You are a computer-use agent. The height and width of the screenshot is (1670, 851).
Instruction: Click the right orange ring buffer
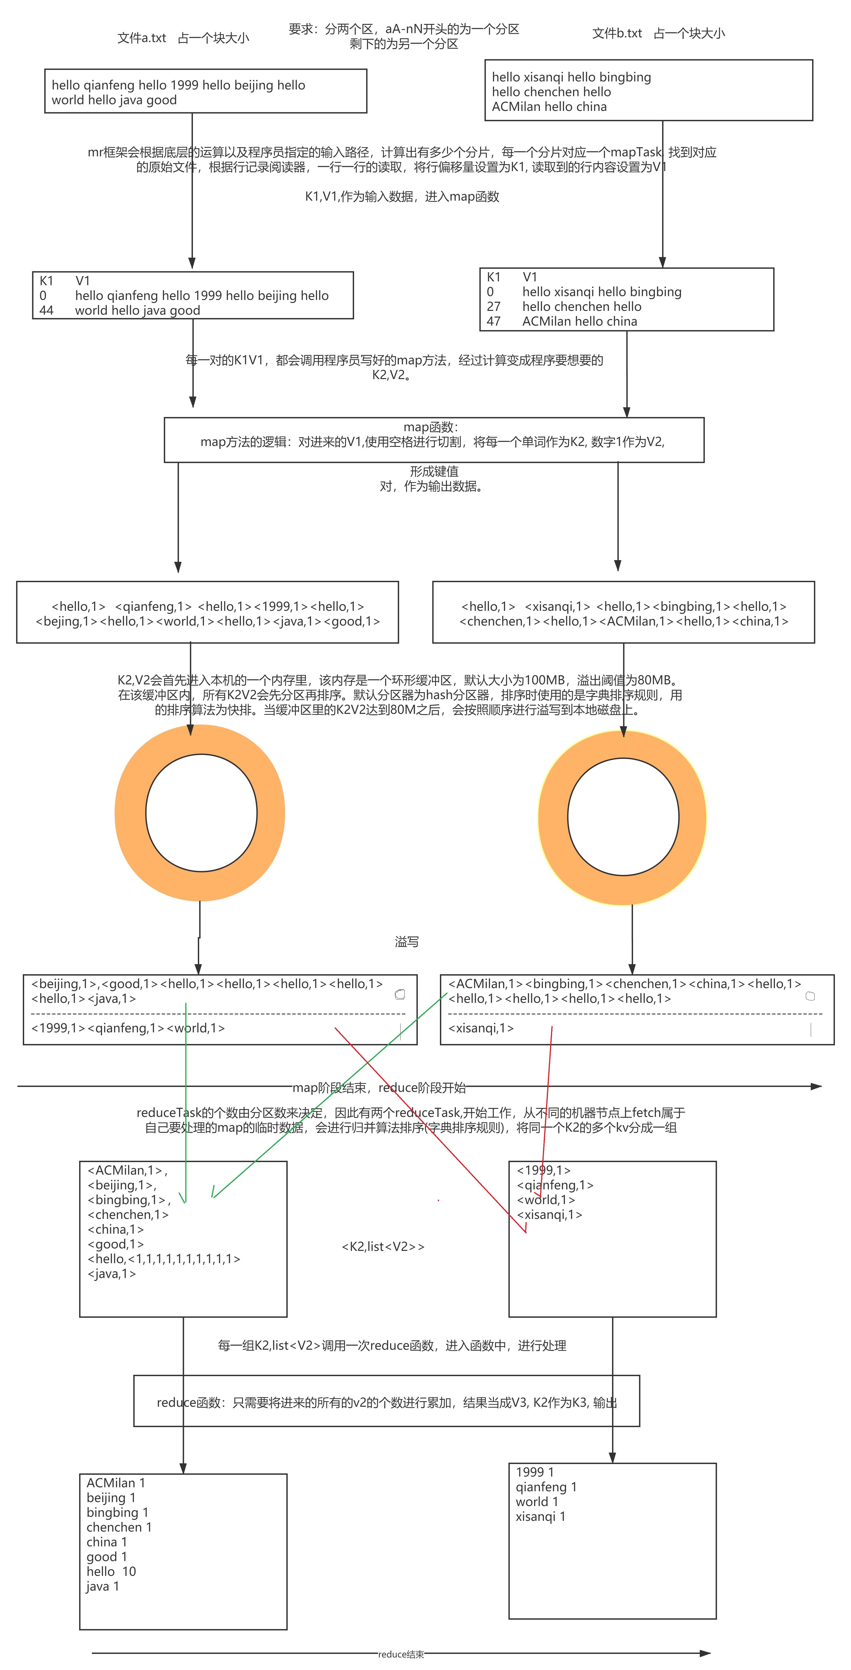[553, 817]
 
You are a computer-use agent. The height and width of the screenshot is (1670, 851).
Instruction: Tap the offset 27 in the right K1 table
[494, 306]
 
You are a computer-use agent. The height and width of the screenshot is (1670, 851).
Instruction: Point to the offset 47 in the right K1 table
[494, 321]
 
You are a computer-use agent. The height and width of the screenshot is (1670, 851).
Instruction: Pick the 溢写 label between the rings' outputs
[406, 941]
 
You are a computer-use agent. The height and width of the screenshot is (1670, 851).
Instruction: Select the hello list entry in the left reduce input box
[163, 1258]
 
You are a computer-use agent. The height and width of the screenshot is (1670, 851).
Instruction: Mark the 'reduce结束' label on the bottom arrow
[401, 1654]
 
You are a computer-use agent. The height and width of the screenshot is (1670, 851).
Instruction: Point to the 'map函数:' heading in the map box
[431, 427]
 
